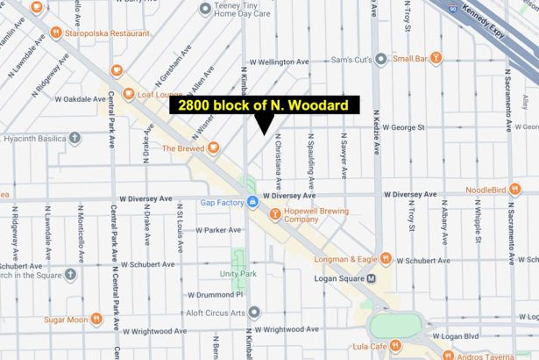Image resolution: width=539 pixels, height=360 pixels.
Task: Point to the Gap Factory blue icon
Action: (253, 204)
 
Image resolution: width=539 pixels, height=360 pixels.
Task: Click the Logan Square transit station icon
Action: (371, 278)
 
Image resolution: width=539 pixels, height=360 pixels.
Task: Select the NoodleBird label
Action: (486, 190)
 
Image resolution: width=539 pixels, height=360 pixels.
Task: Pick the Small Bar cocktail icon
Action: (436, 58)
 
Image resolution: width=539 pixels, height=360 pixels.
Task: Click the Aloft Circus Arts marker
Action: (254, 313)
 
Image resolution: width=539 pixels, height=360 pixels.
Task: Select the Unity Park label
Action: (238, 274)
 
